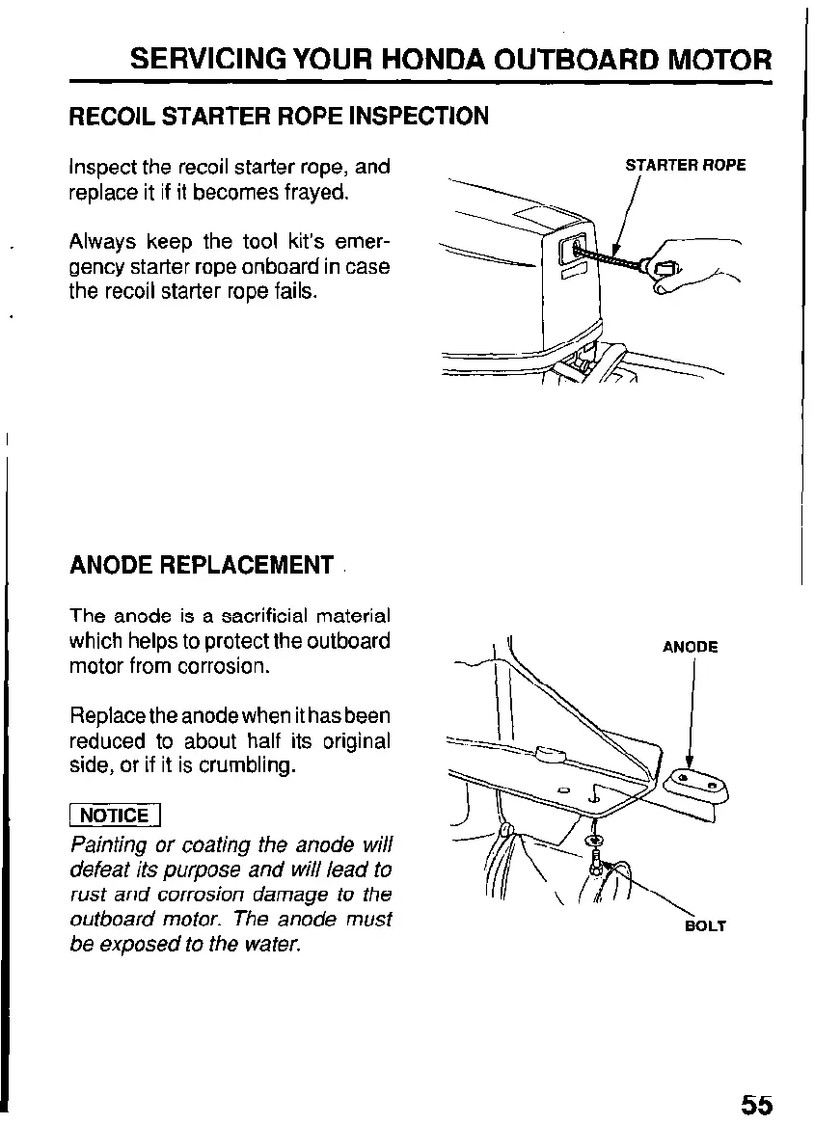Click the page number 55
tap(757, 1104)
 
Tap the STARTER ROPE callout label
tap(685, 165)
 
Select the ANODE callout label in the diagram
tap(690, 647)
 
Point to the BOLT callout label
tap(704, 926)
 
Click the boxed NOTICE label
tap(114, 816)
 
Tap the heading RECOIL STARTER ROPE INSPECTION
tap(280, 118)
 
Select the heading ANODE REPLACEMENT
tap(202, 565)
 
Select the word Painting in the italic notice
tap(109, 845)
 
